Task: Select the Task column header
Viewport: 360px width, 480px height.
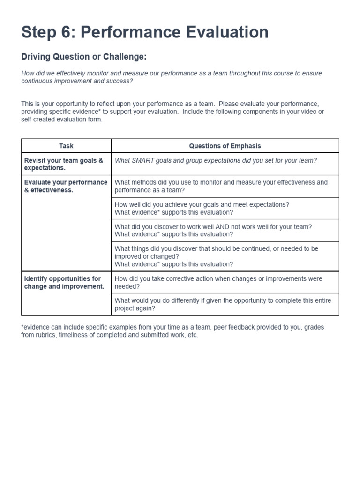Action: tap(66, 146)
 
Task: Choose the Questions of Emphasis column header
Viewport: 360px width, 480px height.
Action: tap(225, 146)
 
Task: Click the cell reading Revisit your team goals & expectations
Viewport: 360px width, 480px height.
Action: tap(66, 164)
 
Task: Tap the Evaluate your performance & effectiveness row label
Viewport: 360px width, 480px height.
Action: tap(66, 186)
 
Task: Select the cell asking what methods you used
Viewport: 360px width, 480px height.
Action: tap(225, 186)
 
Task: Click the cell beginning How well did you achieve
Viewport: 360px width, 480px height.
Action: tap(225, 208)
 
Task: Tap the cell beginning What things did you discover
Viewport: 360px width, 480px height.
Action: tap(225, 256)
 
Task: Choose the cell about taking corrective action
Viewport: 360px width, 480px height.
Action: tap(225, 282)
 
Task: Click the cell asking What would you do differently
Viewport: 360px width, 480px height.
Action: tap(225, 304)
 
